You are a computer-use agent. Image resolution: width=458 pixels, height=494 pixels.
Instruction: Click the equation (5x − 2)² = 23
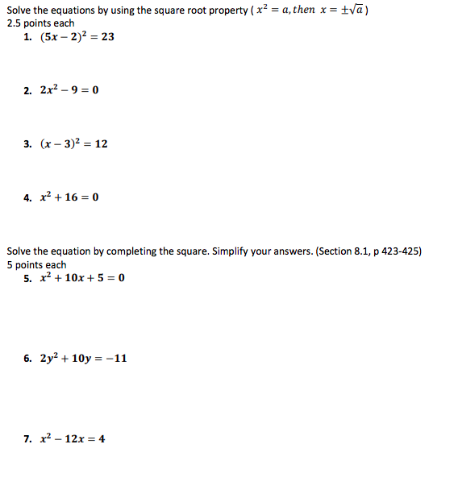click(77, 37)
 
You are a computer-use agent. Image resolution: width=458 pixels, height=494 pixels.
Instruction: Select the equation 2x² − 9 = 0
click(69, 89)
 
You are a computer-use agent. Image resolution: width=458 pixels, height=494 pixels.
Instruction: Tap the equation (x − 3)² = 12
click(73, 143)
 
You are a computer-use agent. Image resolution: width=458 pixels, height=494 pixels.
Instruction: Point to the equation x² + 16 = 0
click(69, 197)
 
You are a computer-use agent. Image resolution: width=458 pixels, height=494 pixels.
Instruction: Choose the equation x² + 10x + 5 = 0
click(82, 278)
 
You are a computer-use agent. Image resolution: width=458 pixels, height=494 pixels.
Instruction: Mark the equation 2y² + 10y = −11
click(84, 358)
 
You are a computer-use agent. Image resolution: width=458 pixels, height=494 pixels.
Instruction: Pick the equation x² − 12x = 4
click(73, 439)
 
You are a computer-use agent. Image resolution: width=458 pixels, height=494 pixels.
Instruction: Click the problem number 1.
click(28, 37)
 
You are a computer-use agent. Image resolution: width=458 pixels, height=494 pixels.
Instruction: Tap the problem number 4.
click(28, 197)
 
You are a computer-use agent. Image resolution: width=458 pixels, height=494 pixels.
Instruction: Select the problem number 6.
click(28, 359)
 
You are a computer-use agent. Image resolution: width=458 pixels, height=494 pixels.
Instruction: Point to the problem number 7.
click(28, 439)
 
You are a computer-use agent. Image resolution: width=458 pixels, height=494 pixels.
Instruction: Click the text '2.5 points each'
click(40, 23)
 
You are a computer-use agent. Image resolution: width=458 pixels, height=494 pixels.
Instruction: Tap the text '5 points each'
click(37, 264)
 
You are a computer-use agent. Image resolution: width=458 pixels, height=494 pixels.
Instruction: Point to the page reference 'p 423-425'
click(395, 251)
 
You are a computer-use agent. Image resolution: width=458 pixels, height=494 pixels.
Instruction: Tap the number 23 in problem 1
click(107, 37)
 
